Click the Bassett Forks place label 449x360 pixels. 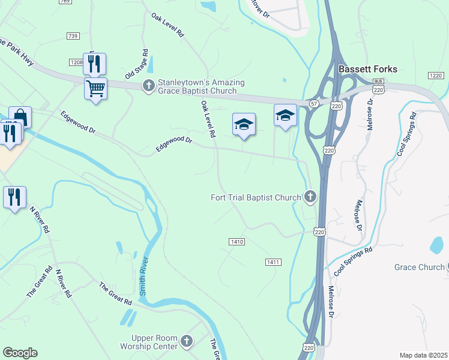click(367, 69)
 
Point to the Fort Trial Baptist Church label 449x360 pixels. click(256, 197)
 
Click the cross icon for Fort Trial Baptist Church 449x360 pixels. click(310, 196)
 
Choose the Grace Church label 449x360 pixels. click(419, 267)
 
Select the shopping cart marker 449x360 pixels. click(95, 89)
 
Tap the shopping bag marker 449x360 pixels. click(20, 116)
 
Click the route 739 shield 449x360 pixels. click(73, 37)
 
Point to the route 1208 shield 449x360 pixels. click(76, 62)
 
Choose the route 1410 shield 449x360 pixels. click(237, 242)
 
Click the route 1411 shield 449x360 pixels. click(273, 262)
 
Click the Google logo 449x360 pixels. click(20, 353)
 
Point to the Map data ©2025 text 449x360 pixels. click(423, 355)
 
